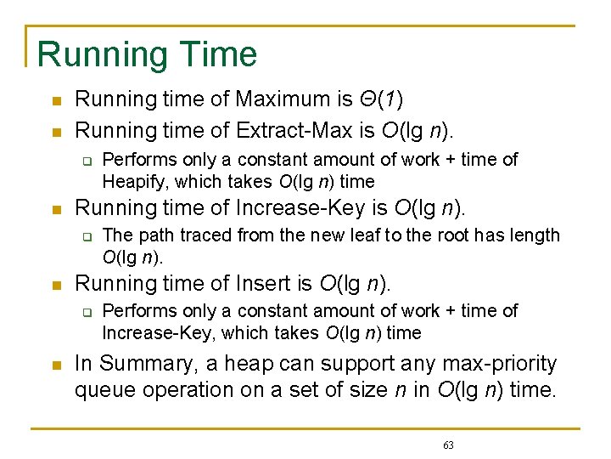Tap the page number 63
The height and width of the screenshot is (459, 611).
tap(448, 445)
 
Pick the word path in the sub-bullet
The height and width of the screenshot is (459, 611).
tap(151, 235)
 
